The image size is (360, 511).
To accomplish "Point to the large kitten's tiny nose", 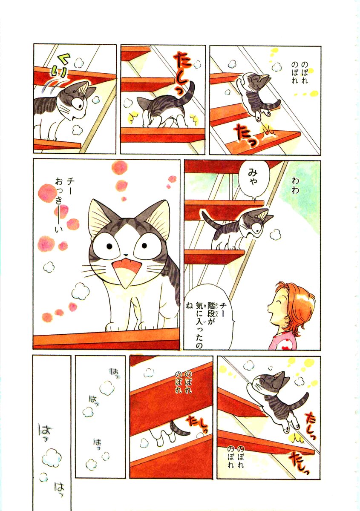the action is click(x=125, y=255).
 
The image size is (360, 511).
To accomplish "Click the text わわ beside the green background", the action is click(x=295, y=186).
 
